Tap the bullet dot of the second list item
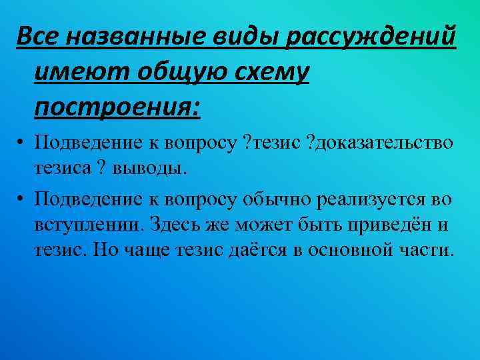coord(22,199)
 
